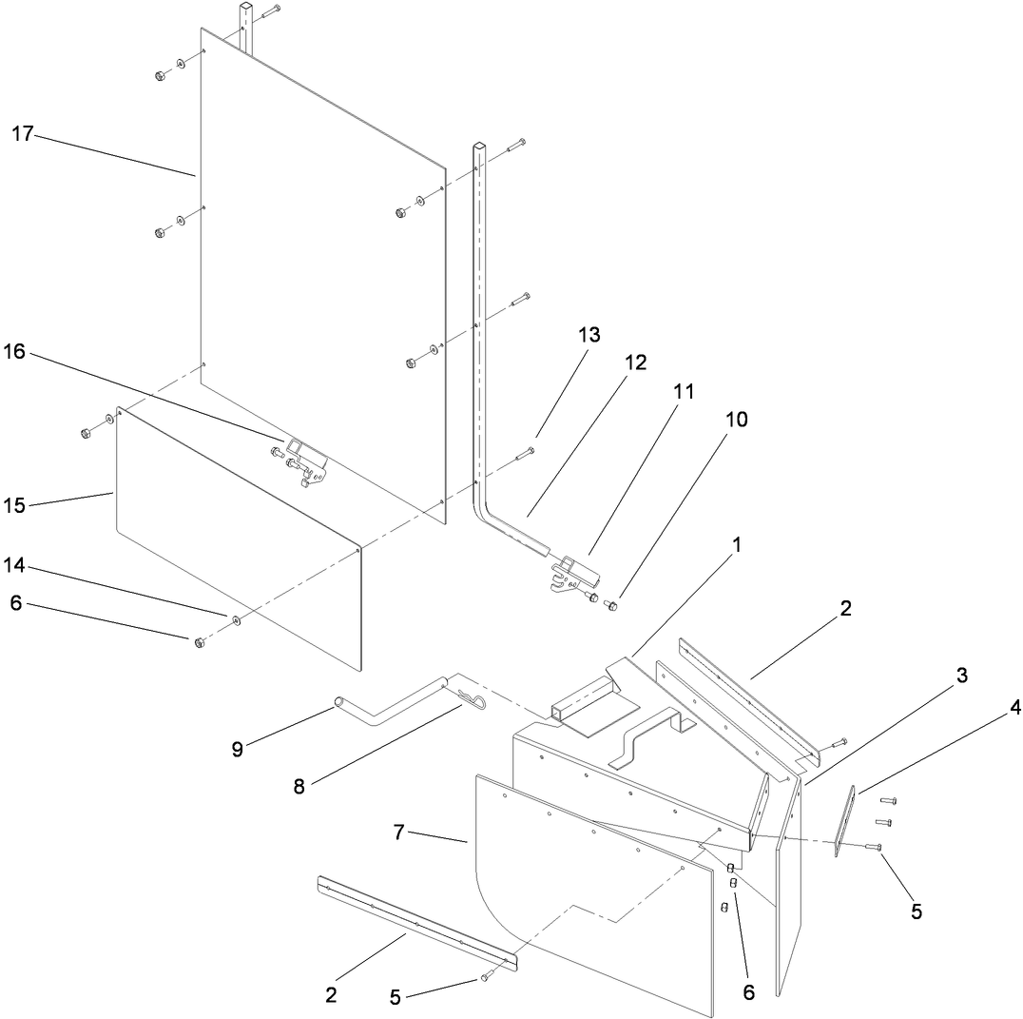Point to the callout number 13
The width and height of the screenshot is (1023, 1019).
(x=589, y=335)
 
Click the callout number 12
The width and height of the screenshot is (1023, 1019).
(x=634, y=363)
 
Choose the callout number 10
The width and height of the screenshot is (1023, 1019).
(x=737, y=419)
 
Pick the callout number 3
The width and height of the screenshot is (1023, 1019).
(x=961, y=676)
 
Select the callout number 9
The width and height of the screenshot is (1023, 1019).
(x=238, y=749)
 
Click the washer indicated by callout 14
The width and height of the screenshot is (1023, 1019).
(x=237, y=620)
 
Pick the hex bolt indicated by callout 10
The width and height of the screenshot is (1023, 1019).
(x=612, y=604)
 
